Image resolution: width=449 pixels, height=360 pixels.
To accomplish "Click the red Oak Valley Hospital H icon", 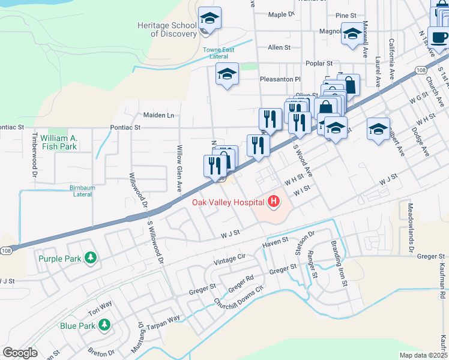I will (x=274, y=202).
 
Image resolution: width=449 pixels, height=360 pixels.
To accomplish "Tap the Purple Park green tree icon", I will (x=91, y=259).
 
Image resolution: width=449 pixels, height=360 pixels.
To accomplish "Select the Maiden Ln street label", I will (x=158, y=115).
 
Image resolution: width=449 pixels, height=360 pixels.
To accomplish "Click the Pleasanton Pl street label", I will (x=280, y=79).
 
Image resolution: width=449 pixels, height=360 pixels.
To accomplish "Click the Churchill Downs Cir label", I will (x=239, y=296).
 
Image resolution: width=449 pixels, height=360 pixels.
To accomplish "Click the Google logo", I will (x=20, y=353).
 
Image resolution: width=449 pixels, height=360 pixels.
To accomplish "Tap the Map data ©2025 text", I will (x=423, y=355).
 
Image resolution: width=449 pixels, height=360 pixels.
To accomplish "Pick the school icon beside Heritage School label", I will (x=209, y=19).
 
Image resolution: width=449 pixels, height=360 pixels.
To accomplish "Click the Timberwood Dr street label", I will (x=35, y=155).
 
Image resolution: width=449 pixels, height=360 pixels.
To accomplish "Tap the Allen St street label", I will (x=279, y=47).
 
